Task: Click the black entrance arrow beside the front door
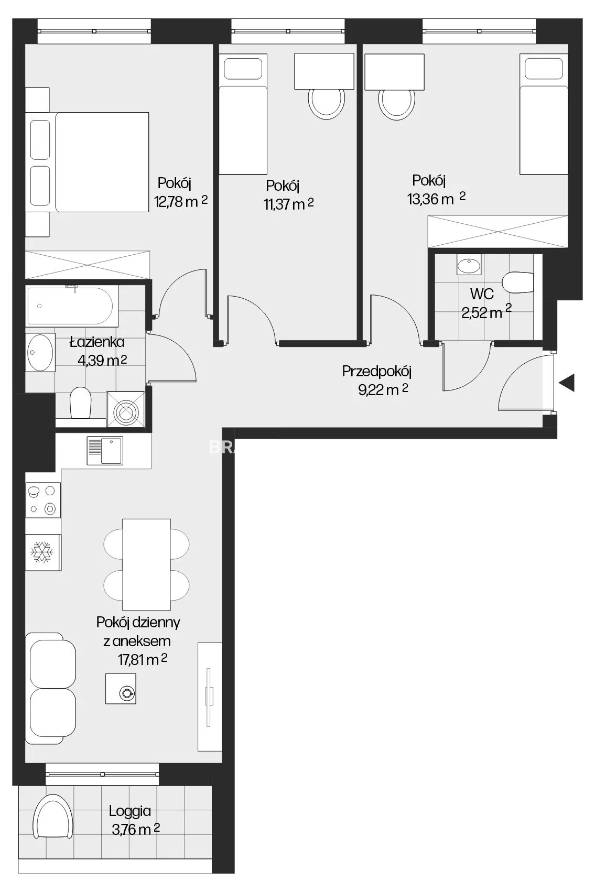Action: [567, 383]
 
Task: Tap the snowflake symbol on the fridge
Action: [42, 552]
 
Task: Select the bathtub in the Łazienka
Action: [72, 306]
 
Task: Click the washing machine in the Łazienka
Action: [126, 409]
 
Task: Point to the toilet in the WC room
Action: [518, 282]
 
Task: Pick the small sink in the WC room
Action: [469, 265]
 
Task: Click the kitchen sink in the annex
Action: [105, 451]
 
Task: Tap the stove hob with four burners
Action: [43, 500]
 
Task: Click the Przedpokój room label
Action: [376, 372]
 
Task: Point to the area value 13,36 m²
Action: [436, 198]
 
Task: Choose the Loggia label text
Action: [130, 811]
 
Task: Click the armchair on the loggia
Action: [53, 817]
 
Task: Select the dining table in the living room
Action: [146, 564]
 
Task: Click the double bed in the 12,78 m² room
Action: [87, 162]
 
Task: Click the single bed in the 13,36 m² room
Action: [544, 114]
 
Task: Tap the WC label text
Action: [482, 294]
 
